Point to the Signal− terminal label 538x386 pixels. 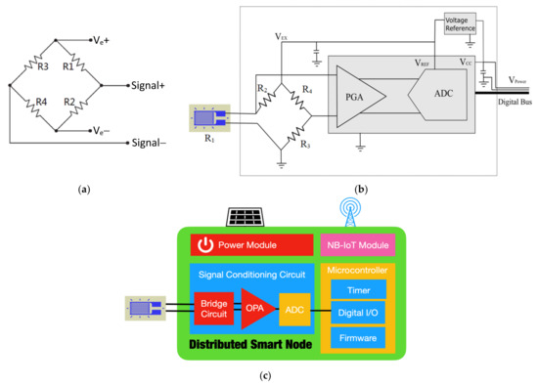150,144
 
